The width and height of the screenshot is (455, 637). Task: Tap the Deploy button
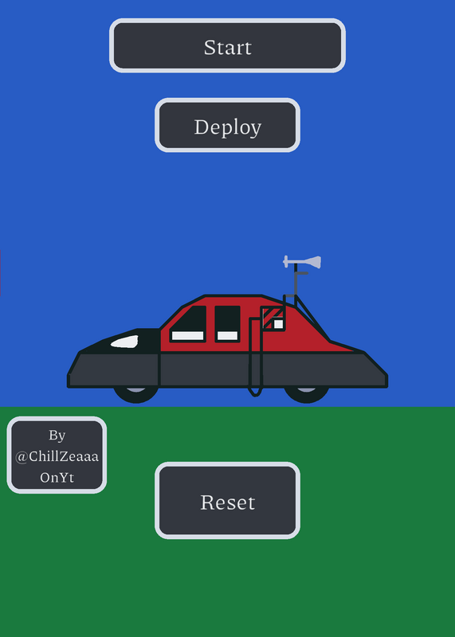(x=227, y=125)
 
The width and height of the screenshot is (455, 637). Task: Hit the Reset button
(x=227, y=501)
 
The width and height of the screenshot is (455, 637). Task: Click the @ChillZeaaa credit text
(x=57, y=456)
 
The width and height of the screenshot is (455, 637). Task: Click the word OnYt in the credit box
(x=57, y=477)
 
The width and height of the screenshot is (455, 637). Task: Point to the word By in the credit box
(x=57, y=436)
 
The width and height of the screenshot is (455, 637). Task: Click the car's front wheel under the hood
(x=135, y=395)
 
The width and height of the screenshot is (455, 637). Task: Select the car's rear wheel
(x=307, y=395)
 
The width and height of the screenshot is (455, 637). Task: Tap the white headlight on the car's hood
(x=125, y=342)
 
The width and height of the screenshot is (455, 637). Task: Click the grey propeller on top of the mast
(x=302, y=262)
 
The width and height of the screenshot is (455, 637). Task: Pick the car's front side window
(x=189, y=324)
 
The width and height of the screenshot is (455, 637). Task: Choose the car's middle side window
(x=227, y=324)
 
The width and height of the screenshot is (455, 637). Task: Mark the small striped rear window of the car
(x=273, y=318)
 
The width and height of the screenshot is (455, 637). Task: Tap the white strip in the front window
(x=187, y=335)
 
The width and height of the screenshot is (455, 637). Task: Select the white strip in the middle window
(x=227, y=335)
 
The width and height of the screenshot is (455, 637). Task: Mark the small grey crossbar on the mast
(x=302, y=273)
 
